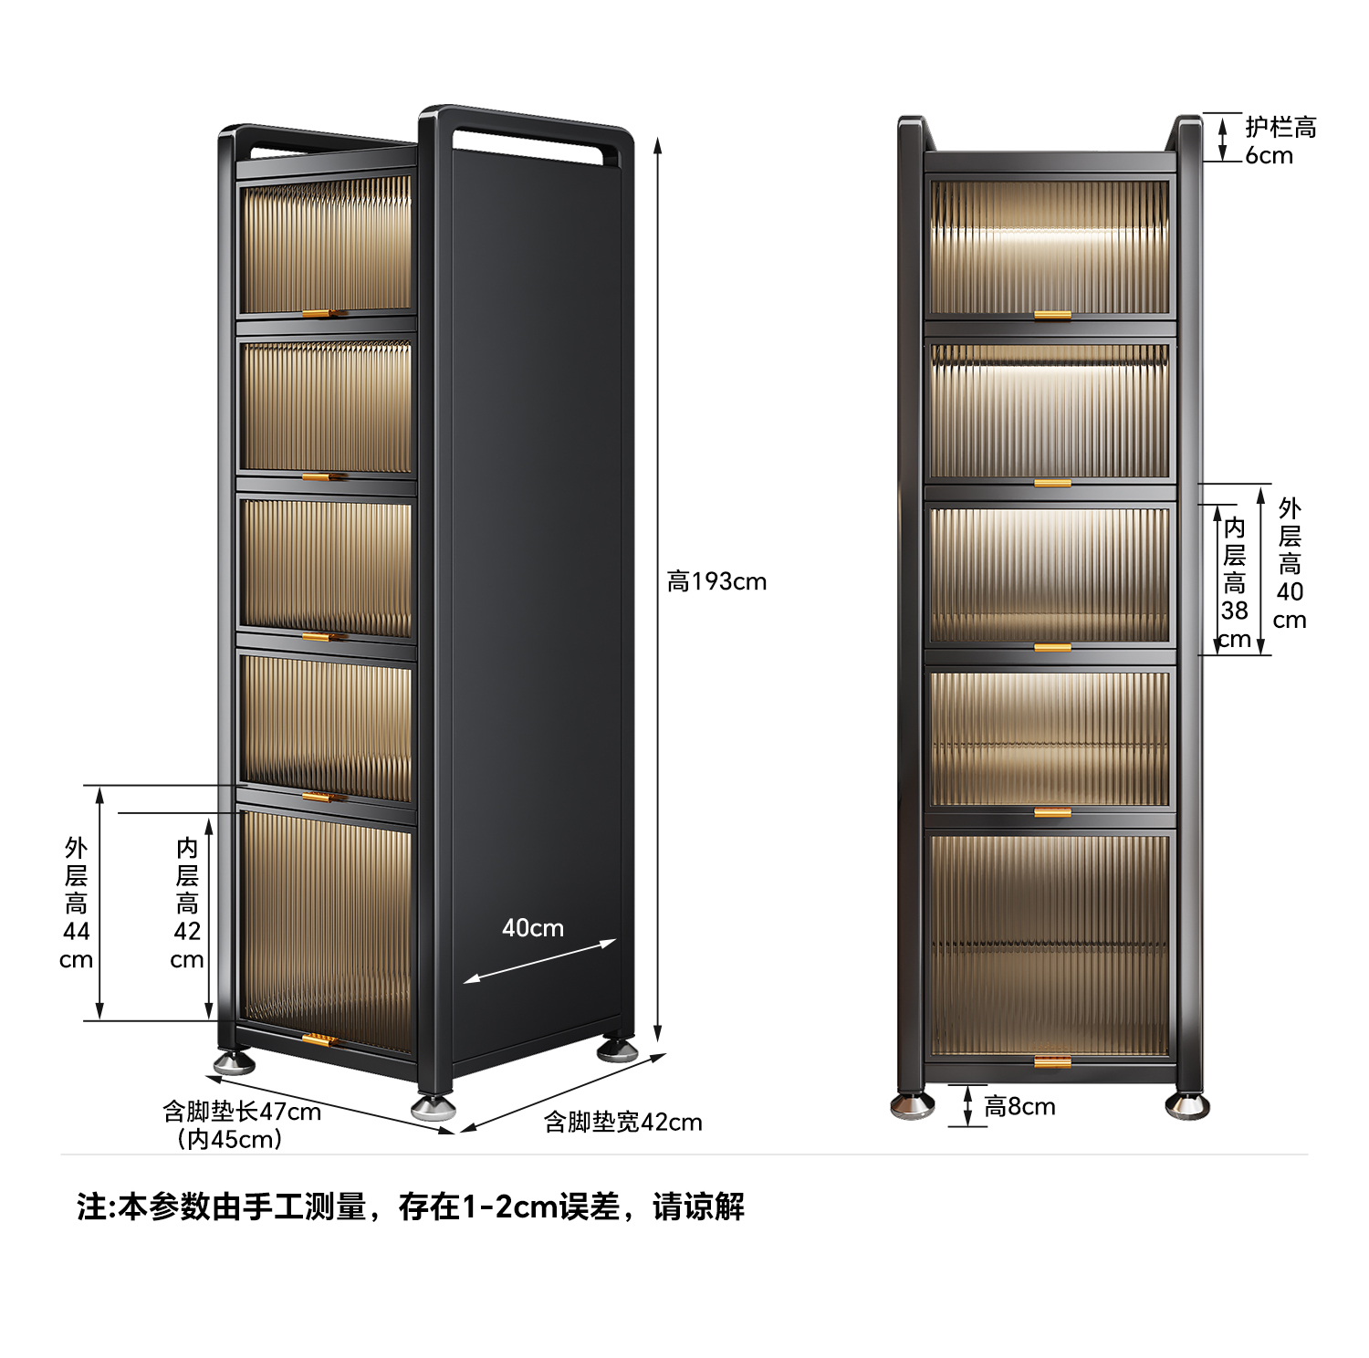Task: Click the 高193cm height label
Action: (x=716, y=581)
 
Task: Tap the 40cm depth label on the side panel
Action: (x=533, y=928)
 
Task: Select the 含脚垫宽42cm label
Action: (x=623, y=1122)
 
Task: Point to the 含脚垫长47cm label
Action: (x=242, y=1112)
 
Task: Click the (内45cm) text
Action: (x=229, y=1139)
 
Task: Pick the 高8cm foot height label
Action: (x=1019, y=1106)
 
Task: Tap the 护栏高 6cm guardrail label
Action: (x=1280, y=141)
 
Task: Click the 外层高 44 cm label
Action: (x=77, y=903)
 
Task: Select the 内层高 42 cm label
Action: (x=187, y=903)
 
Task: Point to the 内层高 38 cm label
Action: (x=1234, y=582)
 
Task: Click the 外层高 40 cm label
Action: (x=1289, y=563)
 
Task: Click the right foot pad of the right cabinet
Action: (x=1187, y=1105)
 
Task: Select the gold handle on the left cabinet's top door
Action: (x=323, y=313)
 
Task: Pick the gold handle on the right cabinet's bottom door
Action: (x=1052, y=1061)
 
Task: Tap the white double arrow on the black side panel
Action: (x=539, y=961)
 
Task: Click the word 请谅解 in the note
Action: (x=698, y=1207)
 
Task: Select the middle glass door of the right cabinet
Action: (x=1050, y=575)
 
